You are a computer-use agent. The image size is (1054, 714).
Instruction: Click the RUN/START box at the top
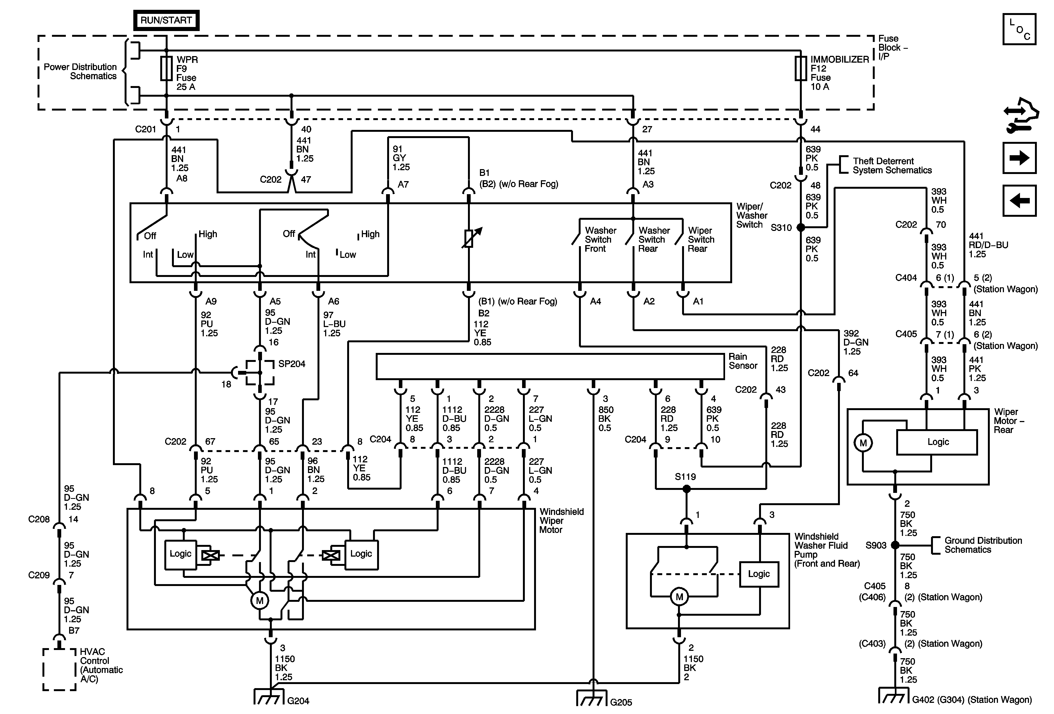166,20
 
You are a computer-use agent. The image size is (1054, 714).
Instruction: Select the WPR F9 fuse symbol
167,69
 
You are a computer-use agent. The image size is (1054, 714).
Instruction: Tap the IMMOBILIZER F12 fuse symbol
800,69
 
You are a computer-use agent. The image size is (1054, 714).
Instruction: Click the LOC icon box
1019,29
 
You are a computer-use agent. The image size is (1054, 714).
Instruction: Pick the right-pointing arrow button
1019,158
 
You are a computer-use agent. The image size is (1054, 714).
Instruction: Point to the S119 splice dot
687,489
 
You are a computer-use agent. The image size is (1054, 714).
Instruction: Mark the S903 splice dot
895,545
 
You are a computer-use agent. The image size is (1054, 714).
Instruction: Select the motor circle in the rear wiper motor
863,443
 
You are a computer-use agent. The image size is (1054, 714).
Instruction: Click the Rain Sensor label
743,361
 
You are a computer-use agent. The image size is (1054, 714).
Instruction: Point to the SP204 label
292,364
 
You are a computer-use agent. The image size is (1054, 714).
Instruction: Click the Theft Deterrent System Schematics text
892,166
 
